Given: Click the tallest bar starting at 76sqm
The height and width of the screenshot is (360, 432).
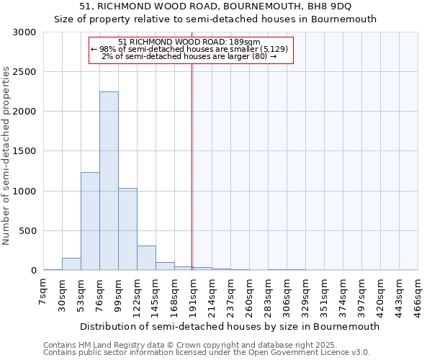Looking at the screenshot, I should pos(109,181).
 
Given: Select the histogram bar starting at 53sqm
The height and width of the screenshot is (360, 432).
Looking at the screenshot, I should pos(90,221).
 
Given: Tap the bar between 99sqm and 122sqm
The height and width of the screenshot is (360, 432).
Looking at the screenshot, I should pos(127,229).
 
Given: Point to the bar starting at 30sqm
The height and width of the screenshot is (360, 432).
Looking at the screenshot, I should pos(71,264).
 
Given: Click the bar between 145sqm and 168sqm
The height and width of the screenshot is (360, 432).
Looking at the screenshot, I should pos(165,266).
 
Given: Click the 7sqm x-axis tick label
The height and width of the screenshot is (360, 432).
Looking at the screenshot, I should pos(43,292).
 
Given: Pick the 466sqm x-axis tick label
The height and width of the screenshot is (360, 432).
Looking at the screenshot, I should pos(418,296).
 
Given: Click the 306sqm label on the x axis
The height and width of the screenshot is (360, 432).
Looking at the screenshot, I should pos(287,296).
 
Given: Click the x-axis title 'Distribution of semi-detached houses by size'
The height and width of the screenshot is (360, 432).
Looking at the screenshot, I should pos(229,326).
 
